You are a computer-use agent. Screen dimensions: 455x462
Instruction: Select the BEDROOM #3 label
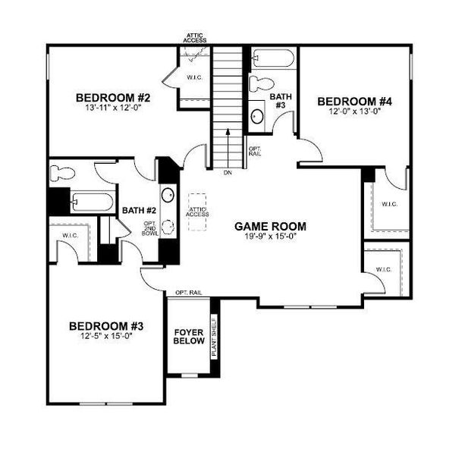click(x=106, y=326)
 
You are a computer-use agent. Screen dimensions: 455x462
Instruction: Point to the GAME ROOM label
click(x=270, y=225)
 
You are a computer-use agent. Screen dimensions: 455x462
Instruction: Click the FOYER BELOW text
click(x=189, y=337)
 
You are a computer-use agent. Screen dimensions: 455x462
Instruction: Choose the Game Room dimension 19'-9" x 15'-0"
click(x=270, y=237)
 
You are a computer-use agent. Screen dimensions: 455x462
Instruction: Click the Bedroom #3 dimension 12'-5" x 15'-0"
click(x=106, y=337)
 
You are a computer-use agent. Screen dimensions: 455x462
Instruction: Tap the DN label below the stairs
click(x=228, y=173)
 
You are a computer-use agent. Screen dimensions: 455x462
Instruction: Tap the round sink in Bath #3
click(x=258, y=116)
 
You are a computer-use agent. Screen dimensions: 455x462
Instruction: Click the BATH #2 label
click(x=139, y=210)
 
